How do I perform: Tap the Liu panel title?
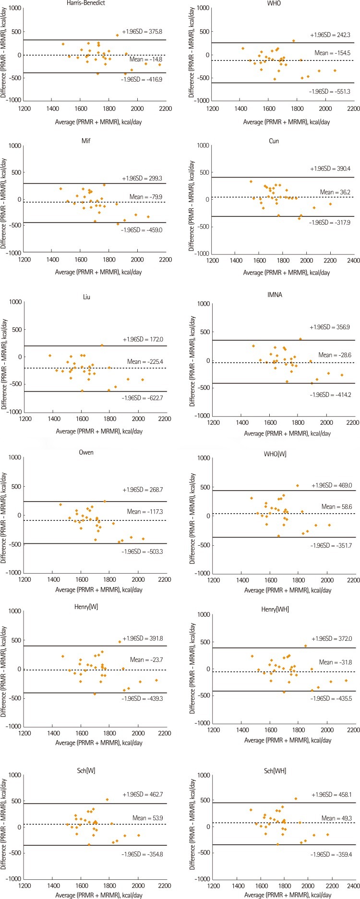87,297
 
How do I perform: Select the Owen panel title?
86,452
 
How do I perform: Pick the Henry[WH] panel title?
282,609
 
